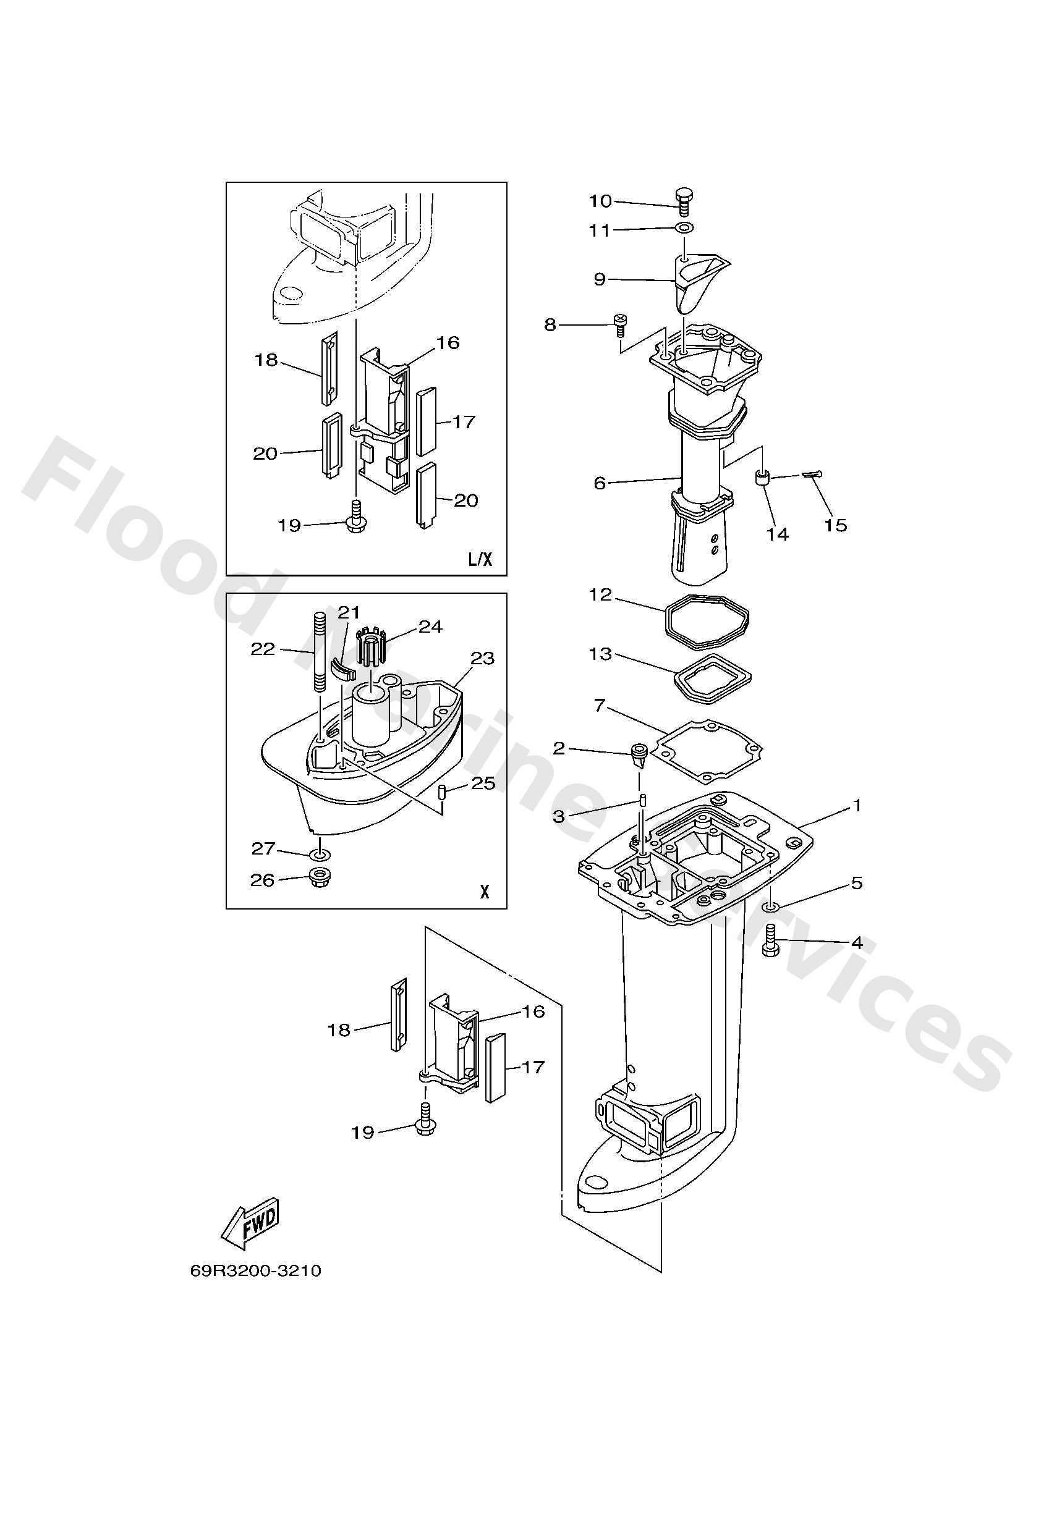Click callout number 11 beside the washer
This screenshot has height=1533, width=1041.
(600, 230)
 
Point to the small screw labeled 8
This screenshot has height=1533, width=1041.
(621, 324)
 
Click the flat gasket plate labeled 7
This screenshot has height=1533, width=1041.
(707, 751)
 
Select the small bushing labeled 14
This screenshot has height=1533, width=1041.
(762, 477)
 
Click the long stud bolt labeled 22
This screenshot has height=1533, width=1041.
(319, 652)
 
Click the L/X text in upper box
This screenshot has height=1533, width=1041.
(480, 559)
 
